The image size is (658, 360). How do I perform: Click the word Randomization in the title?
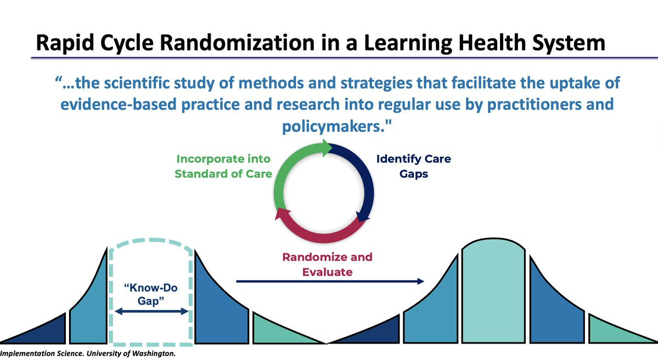tap(238, 43)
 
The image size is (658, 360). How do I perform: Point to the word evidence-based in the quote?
tap(119, 104)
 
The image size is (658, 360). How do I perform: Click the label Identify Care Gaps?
tap(413, 166)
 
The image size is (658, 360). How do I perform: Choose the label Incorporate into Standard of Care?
tap(223, 166)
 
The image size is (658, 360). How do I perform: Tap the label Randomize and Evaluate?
tap(327, 265)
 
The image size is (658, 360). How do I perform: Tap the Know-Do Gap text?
tap(151, 294)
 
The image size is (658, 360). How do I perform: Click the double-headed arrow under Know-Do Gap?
tap(151, 311)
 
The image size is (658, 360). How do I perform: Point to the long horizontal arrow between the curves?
tap(330, 281)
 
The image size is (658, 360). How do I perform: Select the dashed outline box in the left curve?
tap(110, 294)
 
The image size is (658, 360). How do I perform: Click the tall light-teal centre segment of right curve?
tap(493, 290)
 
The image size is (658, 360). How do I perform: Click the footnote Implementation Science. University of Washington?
tap(88, 353)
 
